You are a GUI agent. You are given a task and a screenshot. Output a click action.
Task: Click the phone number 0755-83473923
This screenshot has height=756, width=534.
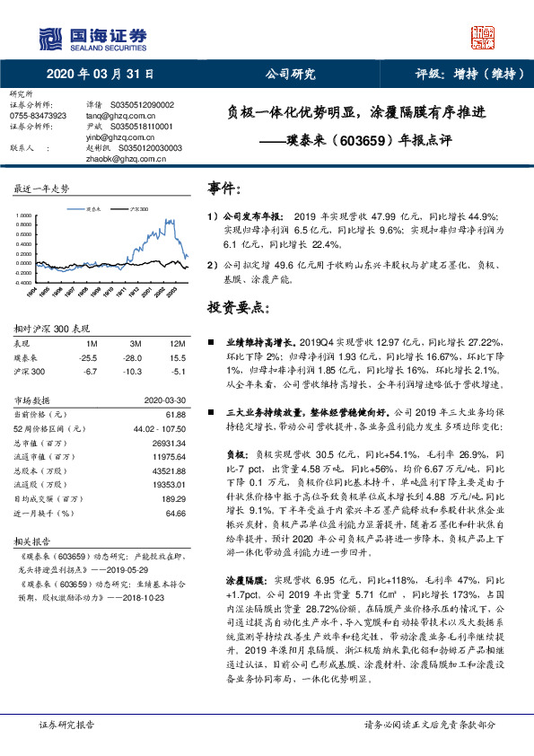coord(38,116)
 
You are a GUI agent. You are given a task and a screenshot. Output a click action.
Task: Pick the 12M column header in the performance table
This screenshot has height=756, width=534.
coord(177,344)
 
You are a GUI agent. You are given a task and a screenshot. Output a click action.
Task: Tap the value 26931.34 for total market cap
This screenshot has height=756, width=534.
coord(168,443)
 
